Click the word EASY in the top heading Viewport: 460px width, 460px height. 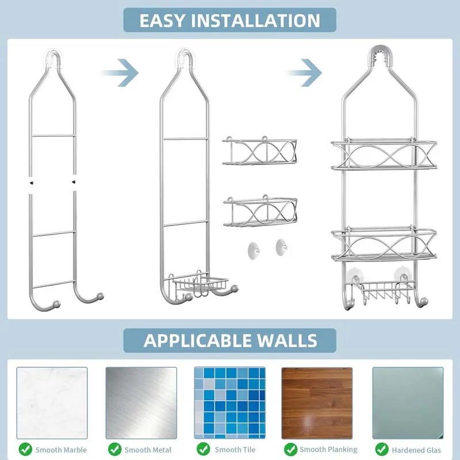coord(163,21)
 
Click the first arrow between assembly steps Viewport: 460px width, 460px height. coord(121,72)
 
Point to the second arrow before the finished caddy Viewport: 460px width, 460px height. coord(305,72)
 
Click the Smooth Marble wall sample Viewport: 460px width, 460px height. coord(52,402)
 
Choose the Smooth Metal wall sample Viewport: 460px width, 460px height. coord(141,402)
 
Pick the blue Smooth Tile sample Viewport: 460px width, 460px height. coord(230,402)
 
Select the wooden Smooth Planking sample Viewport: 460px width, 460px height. coord(317,402)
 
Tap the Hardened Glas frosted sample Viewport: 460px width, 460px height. coord(408,402)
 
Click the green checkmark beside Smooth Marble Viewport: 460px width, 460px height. coord(25,448)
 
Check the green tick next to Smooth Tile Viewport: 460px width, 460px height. coord(203,448)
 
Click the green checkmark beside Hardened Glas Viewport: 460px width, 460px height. coord(381,448)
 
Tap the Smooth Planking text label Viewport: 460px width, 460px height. coord(328,449)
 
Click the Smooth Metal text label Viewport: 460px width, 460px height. coord(148,450)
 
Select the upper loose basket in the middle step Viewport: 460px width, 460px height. coord(260,152)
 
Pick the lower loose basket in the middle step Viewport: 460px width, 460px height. coord(260,212)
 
